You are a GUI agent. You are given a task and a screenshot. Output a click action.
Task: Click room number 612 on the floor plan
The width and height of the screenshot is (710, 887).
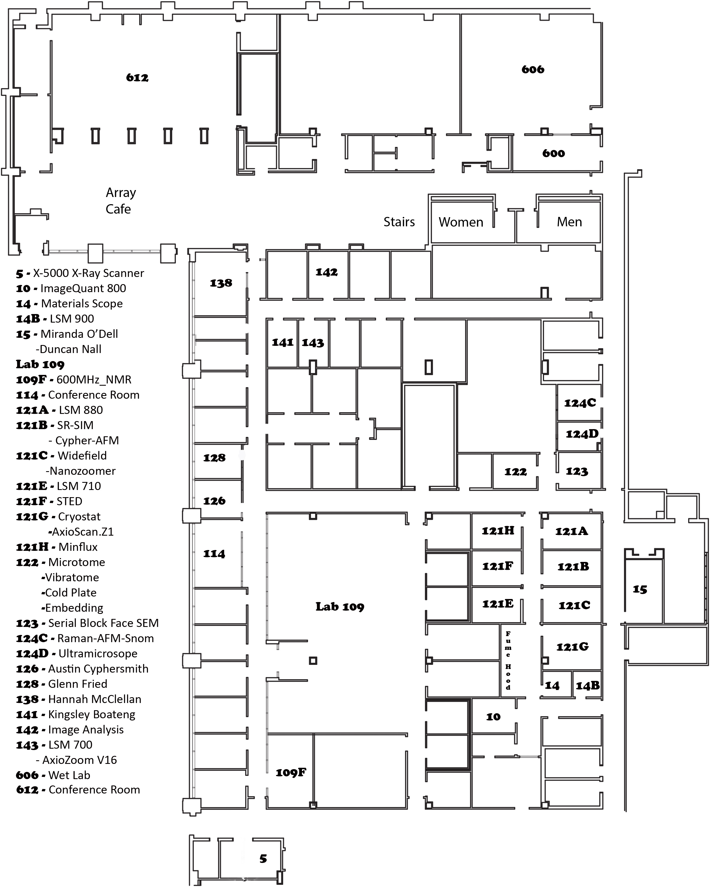[137, 78]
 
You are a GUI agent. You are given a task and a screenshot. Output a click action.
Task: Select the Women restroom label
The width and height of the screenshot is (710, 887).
[461, 222]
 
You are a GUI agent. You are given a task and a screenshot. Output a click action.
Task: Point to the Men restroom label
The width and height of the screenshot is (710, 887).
[569, 222]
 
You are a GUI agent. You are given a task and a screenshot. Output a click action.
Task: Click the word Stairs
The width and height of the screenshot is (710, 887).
[399, 222]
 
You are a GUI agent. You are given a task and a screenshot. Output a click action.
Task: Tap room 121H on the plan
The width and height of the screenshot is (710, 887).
[498, 531]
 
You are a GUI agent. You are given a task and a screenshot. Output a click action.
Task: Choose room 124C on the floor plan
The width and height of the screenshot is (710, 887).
[580, 403]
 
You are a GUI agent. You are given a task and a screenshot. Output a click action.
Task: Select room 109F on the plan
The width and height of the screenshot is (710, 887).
[290, 773]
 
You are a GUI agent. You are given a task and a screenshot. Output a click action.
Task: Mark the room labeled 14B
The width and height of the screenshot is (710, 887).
[587, 686]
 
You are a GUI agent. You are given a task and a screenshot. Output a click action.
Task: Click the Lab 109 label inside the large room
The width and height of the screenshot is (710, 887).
[340, 607]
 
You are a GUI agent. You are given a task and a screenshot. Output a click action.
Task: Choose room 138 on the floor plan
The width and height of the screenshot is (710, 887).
[221, 283]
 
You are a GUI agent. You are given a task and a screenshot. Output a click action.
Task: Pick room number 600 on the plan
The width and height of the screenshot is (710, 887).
[553, 154]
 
